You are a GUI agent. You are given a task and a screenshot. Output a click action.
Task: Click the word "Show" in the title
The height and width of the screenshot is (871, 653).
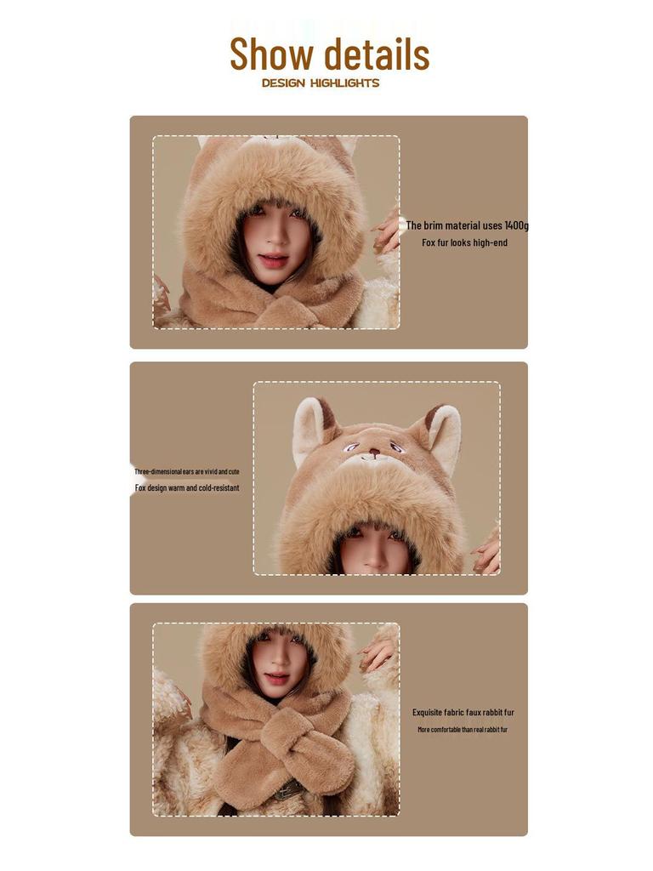tap(271, 54)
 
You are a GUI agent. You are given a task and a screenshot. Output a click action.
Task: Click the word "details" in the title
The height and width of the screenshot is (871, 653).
tap(376, 54)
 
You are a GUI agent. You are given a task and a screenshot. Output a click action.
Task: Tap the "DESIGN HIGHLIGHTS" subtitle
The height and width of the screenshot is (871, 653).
tap(321, 83)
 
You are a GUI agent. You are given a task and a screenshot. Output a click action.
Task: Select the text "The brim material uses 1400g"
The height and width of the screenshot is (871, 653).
tap(467, 225)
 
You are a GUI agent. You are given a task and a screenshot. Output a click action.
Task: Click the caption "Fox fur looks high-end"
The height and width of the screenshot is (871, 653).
tap(464, 242)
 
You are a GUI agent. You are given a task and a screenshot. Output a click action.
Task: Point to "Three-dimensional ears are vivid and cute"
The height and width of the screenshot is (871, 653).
tap(187, 471)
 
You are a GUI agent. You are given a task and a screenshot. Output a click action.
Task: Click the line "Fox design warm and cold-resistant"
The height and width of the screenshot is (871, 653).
tap(187, 488)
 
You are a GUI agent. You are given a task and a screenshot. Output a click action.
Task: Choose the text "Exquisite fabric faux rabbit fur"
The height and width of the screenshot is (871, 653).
tap(463, 713)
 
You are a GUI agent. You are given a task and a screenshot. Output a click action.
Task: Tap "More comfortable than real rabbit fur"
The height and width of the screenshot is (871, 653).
tap(463, 730)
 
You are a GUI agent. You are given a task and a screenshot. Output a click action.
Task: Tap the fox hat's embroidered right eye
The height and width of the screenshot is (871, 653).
tap(395, 447)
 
